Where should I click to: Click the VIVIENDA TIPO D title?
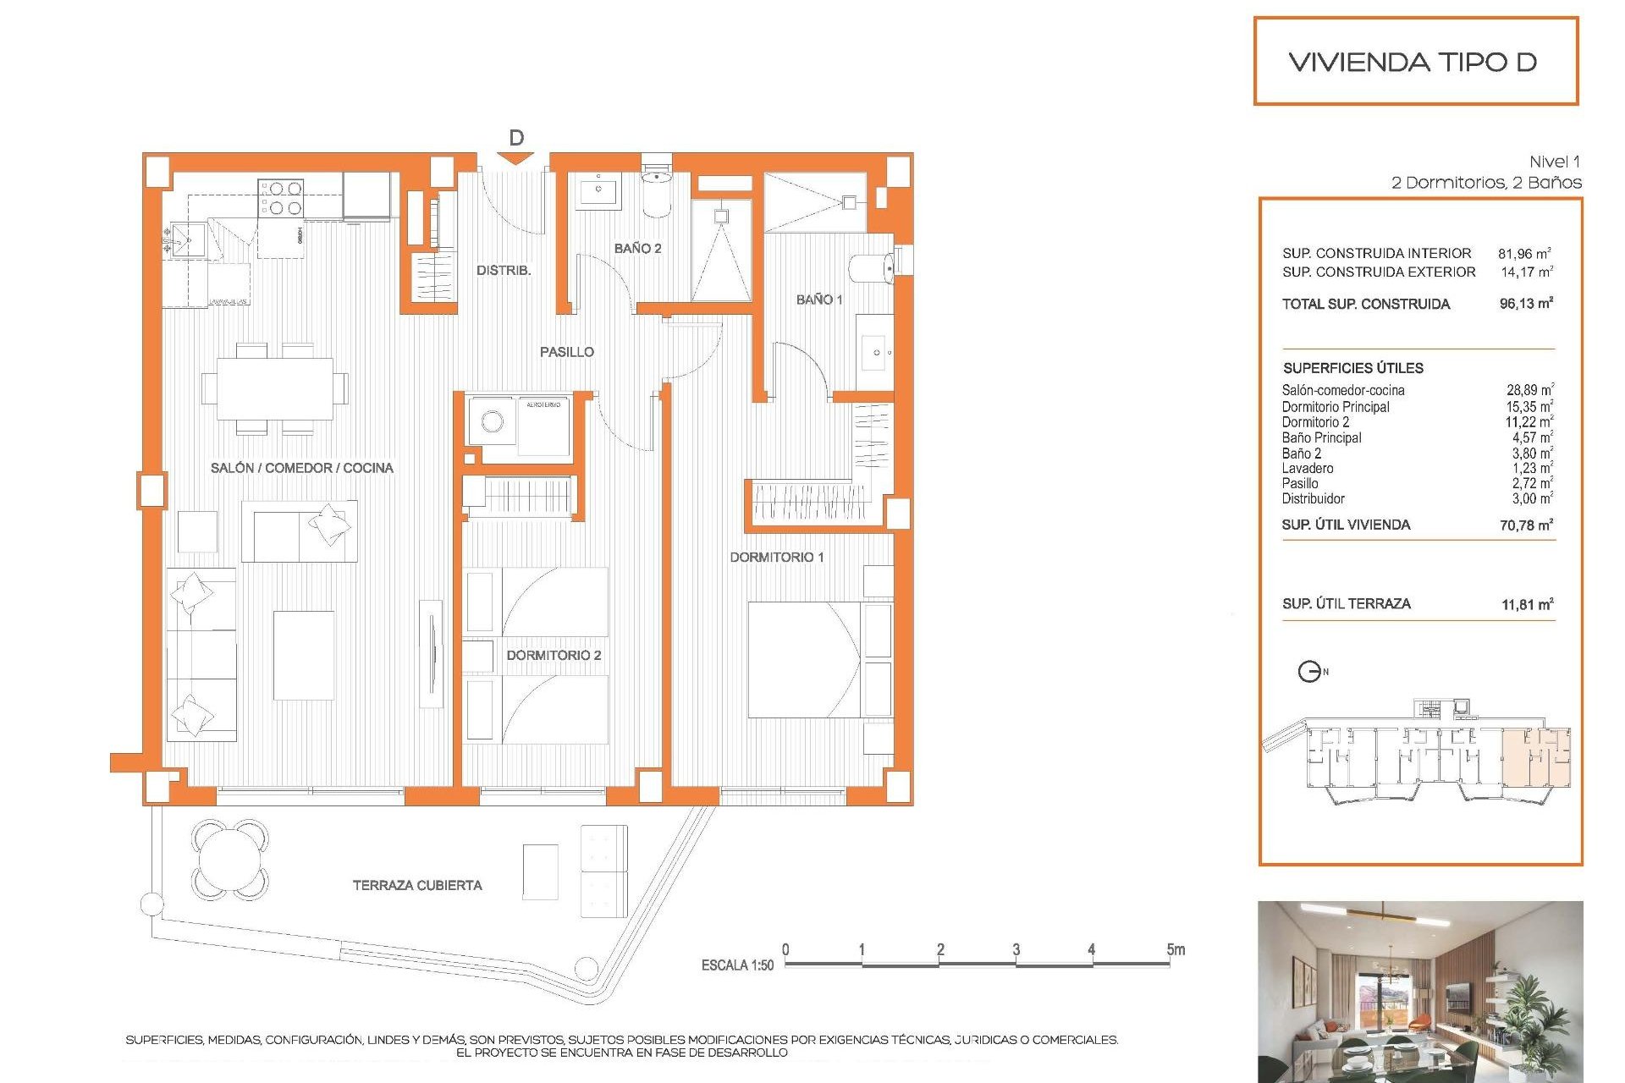click(1413, 62)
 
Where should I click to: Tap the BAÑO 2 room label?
click(637, 248)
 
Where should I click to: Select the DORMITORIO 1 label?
click(776, 557)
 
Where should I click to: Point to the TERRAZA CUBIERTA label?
click(417, 885)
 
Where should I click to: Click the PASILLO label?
click(566, 352)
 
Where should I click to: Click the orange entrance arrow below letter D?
click(515, 158)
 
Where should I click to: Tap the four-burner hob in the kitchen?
click(281, 198)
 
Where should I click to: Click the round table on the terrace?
click(229, 860)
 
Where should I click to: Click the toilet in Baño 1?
click(872, 269)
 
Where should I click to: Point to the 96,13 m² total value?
click(1526, 304)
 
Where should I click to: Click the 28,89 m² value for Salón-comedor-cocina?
click(1529, 390)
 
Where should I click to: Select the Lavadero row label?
click(1308, 469)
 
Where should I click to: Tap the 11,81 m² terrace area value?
click(1527, 604)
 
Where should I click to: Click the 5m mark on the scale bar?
click(1175, 950)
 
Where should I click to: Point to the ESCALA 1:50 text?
click(737, 965)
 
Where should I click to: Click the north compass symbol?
click(1309, 672)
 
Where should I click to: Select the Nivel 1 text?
click(1554, 162)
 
